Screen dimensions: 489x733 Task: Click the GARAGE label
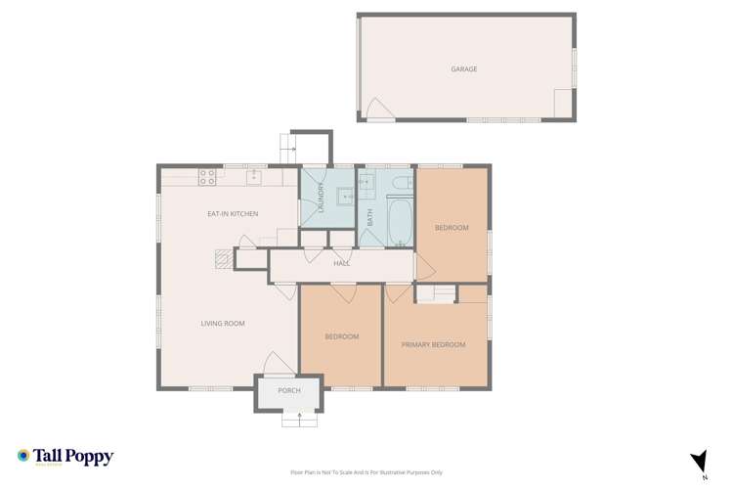click(463, 69)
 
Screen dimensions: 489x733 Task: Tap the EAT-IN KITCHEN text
click(232, 213)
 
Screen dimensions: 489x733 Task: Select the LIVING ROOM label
click(223, 324)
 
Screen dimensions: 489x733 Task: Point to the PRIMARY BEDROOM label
click(433, 344)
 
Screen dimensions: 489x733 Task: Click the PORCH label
click(289, 391)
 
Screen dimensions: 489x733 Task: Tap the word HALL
click(341, 263)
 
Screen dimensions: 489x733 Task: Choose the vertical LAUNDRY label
click(320, 198)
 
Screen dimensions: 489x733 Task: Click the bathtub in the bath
click(402, 221)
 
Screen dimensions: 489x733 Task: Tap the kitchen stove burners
click(207, 177)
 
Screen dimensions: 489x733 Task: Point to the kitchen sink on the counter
click(254, 176)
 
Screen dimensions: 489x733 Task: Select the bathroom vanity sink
click(367, 181)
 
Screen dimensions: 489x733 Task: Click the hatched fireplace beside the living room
click(224, 258)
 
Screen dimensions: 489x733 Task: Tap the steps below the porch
click(299, 420)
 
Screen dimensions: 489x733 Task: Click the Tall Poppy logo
click(65, 457)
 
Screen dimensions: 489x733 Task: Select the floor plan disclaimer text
click(366, 471)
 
